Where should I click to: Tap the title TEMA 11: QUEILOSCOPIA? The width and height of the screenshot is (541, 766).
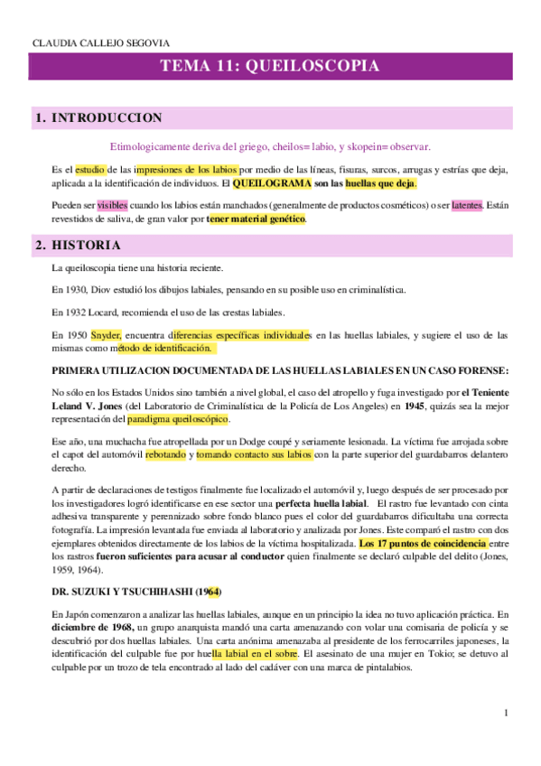[x=269, y=67]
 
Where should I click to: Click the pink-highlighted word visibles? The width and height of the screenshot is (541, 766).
[x=114, y=205]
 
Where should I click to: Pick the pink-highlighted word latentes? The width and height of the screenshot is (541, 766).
[x=466, y=205]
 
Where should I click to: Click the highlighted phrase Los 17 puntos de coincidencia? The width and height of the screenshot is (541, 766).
[x=423, y=544]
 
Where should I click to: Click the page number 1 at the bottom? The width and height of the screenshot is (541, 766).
[x=506, y=713]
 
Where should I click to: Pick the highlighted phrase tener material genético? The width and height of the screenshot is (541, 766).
[x=257, y=219]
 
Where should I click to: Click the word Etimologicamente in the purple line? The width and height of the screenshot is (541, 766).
[x=150, y=146]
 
